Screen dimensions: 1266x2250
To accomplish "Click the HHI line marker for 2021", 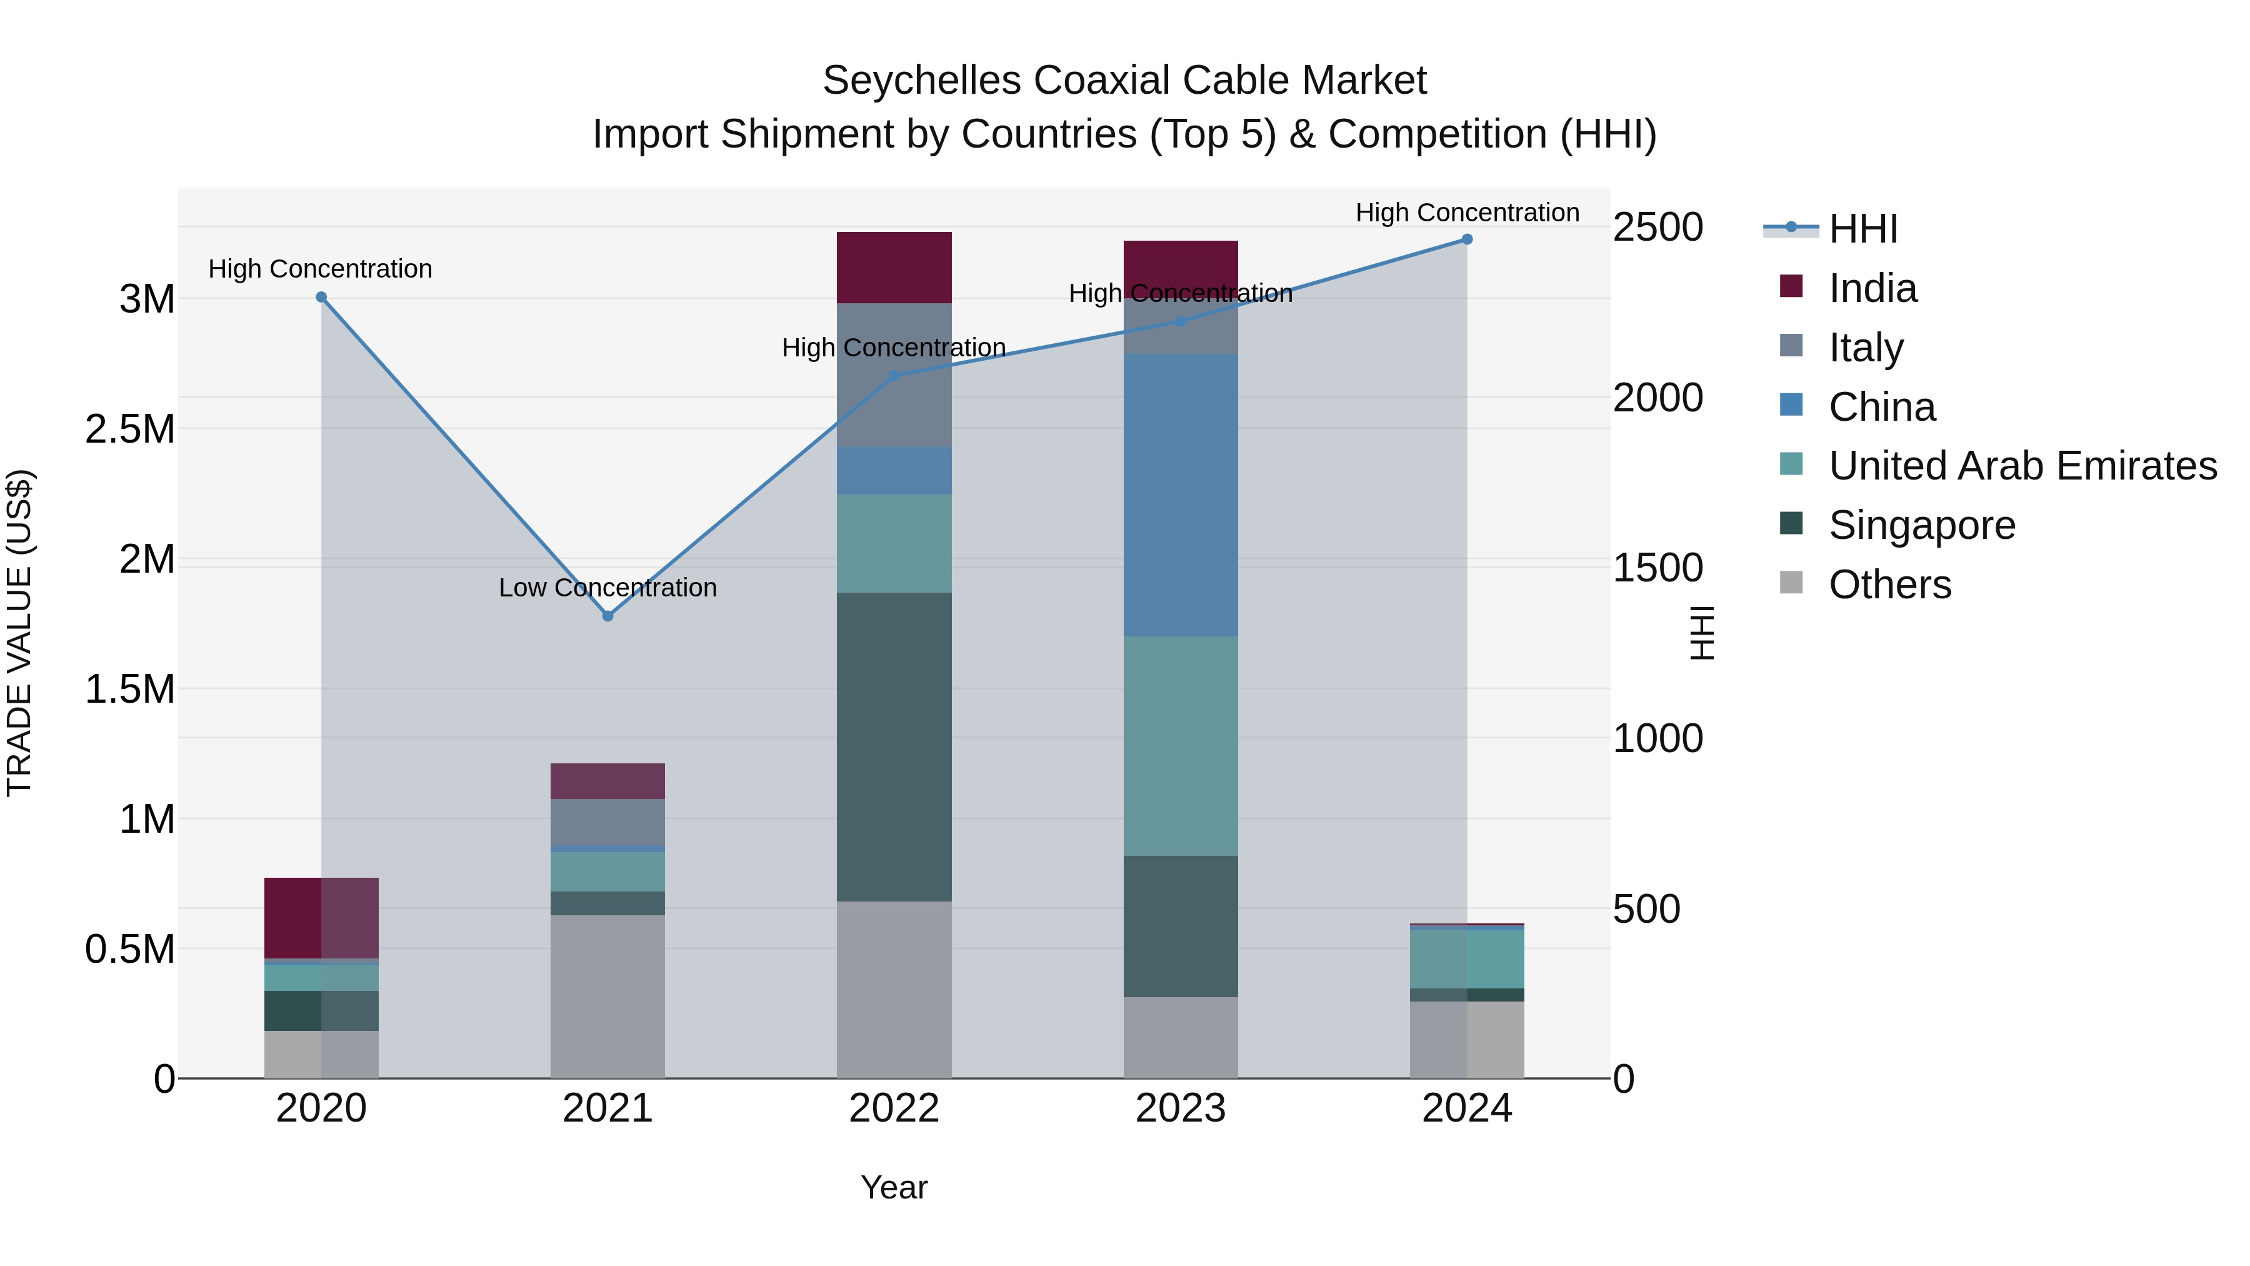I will (608, 616).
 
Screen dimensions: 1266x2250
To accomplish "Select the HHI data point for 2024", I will (1467, 239).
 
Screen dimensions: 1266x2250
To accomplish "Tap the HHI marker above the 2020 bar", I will (321, 297).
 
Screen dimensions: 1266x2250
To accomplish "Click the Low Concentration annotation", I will (608, 588).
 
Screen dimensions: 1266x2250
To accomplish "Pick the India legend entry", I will (1872, 288).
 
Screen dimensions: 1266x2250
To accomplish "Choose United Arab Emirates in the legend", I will (2022, 466).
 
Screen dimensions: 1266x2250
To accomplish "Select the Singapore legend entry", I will (1922, 525).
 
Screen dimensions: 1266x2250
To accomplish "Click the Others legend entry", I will (1889, 585).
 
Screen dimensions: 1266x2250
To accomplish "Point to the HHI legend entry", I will (1862, 229).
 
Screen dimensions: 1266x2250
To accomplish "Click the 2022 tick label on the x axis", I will (894, 1108).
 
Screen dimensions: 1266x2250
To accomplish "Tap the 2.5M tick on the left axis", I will (130, 429).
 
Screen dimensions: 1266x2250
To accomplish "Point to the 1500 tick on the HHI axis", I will (1657, 568).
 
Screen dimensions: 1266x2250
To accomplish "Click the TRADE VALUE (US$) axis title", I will (19, 633).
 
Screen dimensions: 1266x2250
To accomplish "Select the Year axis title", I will (894, 1187).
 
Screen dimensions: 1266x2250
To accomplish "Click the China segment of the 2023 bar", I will (1181, 495).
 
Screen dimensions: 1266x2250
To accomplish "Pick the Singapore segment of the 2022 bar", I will (894, 747).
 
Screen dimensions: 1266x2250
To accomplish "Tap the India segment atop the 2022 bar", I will (894, 268).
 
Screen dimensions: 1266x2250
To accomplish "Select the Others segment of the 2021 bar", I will (608, 996).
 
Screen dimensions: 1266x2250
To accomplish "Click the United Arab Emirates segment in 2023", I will (1181, 745).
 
